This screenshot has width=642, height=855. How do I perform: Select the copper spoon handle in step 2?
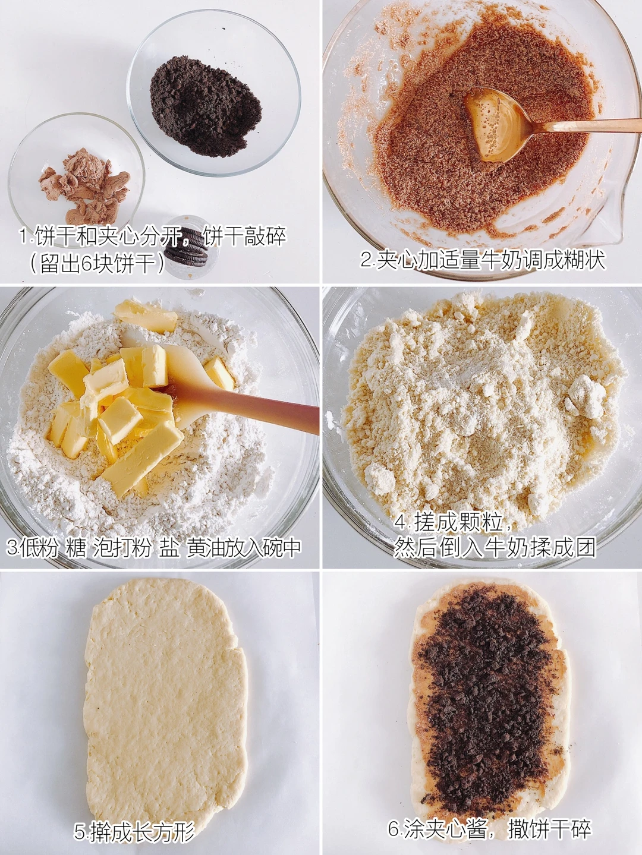(x=584, y=126)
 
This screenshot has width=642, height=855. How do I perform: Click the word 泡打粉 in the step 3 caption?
(x=122, y=548)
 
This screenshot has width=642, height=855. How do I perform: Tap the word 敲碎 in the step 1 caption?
(x=266, y=236)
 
